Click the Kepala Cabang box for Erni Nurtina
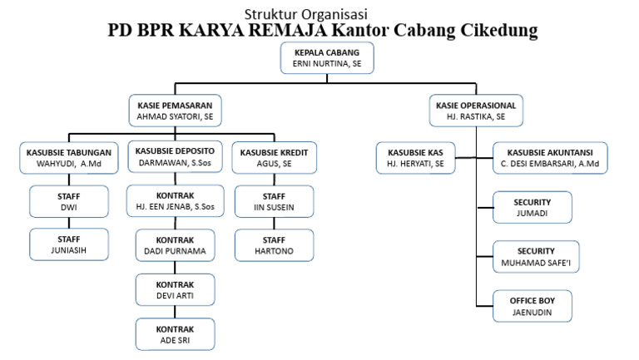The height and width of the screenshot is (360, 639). (325, 57)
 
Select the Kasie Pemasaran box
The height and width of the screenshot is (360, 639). (175, 111)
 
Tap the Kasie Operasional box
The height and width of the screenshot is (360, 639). (476, 111)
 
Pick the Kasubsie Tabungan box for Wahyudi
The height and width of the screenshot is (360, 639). (68, 158)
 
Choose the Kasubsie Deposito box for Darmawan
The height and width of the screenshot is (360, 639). (175, 158)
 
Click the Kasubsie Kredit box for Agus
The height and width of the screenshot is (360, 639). (273, 158)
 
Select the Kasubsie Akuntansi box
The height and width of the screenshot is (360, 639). (549, 158)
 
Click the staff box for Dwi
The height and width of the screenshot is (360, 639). (69, 200)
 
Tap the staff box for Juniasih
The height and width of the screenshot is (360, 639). (69, 244)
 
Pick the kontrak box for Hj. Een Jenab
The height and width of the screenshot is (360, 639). (175, 200)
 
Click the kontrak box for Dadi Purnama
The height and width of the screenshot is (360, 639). (175, 244)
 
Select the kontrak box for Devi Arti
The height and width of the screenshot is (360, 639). (175, 289)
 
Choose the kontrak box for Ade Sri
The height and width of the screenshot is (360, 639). (175, 333)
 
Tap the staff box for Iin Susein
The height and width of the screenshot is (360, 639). (274, 200)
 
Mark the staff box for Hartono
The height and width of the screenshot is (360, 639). (274, 244)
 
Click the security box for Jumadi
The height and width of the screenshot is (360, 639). (532, 208)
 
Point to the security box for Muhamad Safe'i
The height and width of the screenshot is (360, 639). (532, 257)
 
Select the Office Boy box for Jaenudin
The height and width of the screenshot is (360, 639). (532, 306)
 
